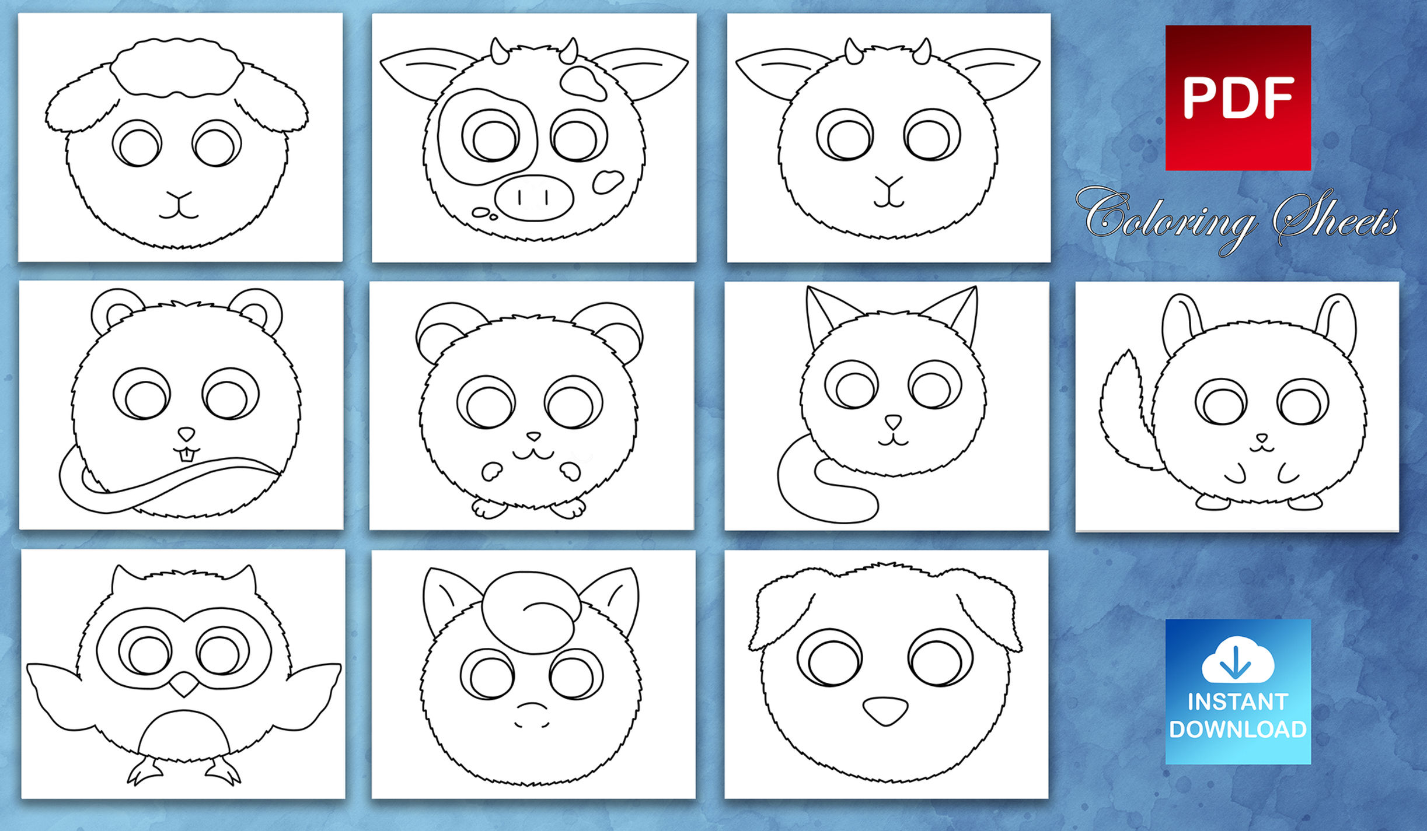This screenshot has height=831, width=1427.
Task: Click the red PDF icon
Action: click(1238, 97)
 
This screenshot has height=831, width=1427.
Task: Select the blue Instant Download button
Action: click(1238, 692)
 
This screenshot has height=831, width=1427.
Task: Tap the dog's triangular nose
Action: click(885, 710)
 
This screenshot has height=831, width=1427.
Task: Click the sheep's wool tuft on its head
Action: click(176, 66)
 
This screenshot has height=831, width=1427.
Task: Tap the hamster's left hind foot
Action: click(488, 508)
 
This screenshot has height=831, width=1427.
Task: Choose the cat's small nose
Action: click(892, 420)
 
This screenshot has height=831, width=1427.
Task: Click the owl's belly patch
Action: click(183, 735)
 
